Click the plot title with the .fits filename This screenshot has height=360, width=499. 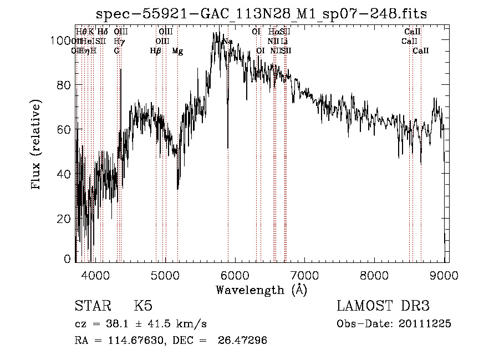(261, 13)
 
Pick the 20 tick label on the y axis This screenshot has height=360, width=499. (65, 219)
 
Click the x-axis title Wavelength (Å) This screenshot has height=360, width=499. (261, 290)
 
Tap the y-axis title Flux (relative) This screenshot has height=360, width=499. (37, 145)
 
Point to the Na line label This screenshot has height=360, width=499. (227, 42)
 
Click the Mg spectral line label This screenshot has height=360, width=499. (177, 51)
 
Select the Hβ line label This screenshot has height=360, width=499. (156, 51)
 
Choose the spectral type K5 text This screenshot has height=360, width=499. (143, 306)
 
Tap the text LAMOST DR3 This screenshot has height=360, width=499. (383, 306)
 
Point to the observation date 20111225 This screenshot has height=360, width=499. (424, 324)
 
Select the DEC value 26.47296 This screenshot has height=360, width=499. (246, 341)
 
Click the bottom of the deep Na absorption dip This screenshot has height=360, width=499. (228, 148)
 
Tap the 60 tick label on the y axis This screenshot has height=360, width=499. (65, 129)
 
